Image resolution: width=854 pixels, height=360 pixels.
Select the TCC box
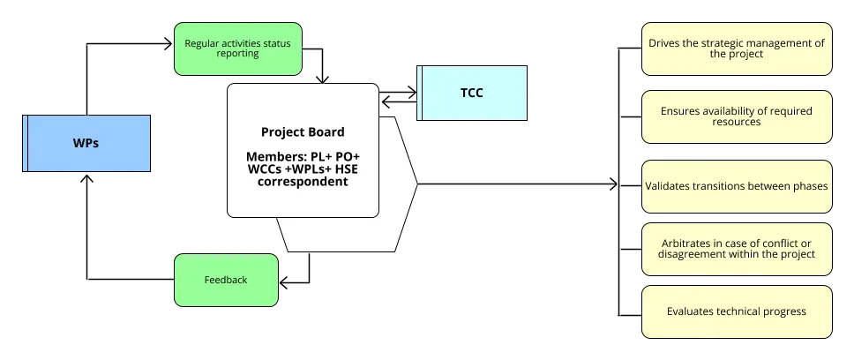point(473,93)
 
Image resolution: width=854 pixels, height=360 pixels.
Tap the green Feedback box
point(226,280)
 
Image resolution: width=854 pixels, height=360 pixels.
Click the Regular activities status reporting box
point(237,48)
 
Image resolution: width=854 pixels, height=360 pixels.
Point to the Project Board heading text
point(303,132)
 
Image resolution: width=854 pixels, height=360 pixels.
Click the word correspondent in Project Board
point(303,182)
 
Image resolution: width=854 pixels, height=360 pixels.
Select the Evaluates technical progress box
point(736,311)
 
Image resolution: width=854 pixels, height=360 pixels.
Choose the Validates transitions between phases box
point(736,186)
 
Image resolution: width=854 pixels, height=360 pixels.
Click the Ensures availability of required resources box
point(736,117)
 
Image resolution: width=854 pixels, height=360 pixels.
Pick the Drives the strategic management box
point(736,48)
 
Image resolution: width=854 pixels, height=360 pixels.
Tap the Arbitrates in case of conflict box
point(736,248)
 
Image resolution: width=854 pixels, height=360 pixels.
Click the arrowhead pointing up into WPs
point(86,177)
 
